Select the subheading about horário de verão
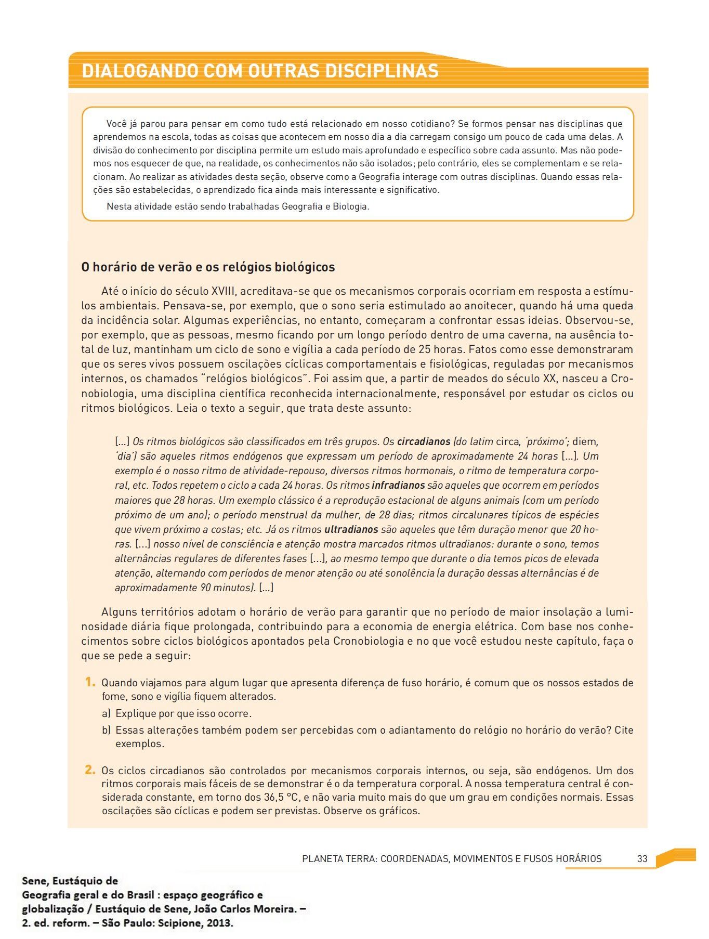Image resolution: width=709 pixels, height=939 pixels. pos(208,267)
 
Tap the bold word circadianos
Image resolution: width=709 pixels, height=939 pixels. pos(423,442)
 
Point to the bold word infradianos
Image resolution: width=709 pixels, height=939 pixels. pos(398,486)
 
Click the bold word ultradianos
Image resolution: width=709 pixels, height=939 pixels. pos(351,530)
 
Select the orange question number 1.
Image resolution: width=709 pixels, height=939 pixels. pos(90,682)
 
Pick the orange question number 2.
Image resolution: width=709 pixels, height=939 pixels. pos(90,770)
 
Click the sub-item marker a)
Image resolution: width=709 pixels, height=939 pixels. pos(107,713)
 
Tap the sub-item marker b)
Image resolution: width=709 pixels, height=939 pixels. pos(107,730)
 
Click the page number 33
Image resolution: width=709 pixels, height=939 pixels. pos(642,859)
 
